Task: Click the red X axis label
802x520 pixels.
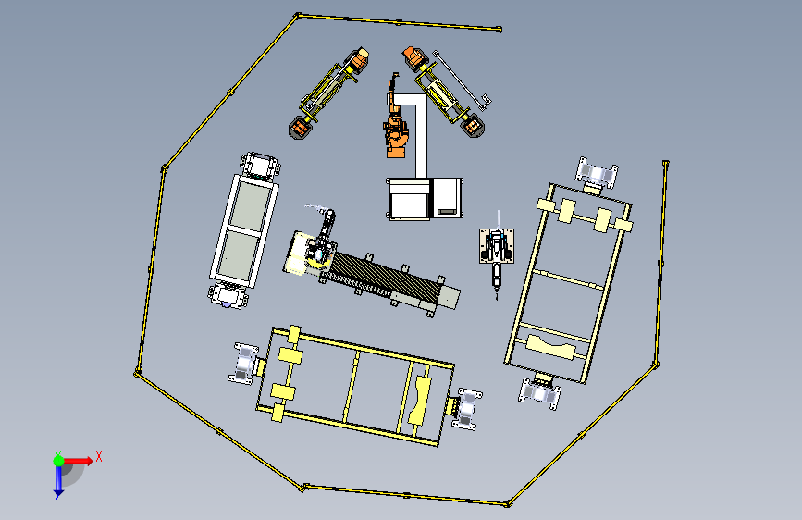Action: tap(99, 456)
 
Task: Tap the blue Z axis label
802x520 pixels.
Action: tap(58, 497)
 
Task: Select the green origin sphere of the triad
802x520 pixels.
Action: tap(59, 461)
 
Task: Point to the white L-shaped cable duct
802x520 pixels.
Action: tap(421, 134)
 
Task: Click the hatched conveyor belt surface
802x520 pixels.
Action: tap(384, 279)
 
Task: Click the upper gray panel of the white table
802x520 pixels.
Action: tap(251, 205)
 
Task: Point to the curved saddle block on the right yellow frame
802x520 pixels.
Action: tap(551, 347)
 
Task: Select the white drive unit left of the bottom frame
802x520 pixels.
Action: tap(245, 364)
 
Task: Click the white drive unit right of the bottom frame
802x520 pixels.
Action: tap(467, 409)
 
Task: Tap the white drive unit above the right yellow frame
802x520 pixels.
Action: tap(597, 172)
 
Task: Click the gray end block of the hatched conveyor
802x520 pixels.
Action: tap(448, 298)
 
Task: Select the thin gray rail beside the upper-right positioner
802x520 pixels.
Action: tap(462, 80)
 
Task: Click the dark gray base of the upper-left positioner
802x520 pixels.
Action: tap(299, 128)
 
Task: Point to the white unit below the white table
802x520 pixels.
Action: tap(228, 296)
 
